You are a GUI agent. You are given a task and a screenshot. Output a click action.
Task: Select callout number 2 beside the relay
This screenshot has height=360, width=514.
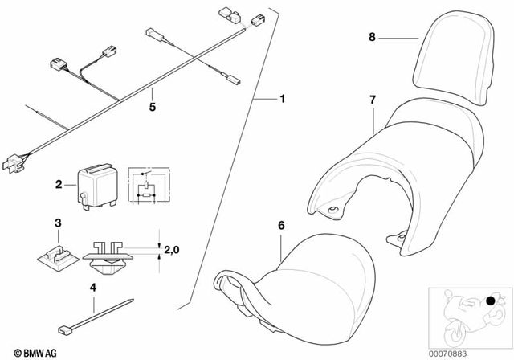tap(59, 186)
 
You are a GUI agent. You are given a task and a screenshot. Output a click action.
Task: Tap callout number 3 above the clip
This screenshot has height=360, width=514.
tap(58, 222)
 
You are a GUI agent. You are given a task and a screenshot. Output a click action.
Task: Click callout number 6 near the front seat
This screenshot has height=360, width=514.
tap(280, 227)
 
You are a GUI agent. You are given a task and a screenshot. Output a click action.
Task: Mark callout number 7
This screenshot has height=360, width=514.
tap(372, 100)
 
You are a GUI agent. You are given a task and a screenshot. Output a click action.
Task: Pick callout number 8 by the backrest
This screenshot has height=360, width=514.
tap(371, 37)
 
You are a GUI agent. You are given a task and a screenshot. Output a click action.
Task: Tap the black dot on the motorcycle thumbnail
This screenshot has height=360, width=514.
tap(490, 301)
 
